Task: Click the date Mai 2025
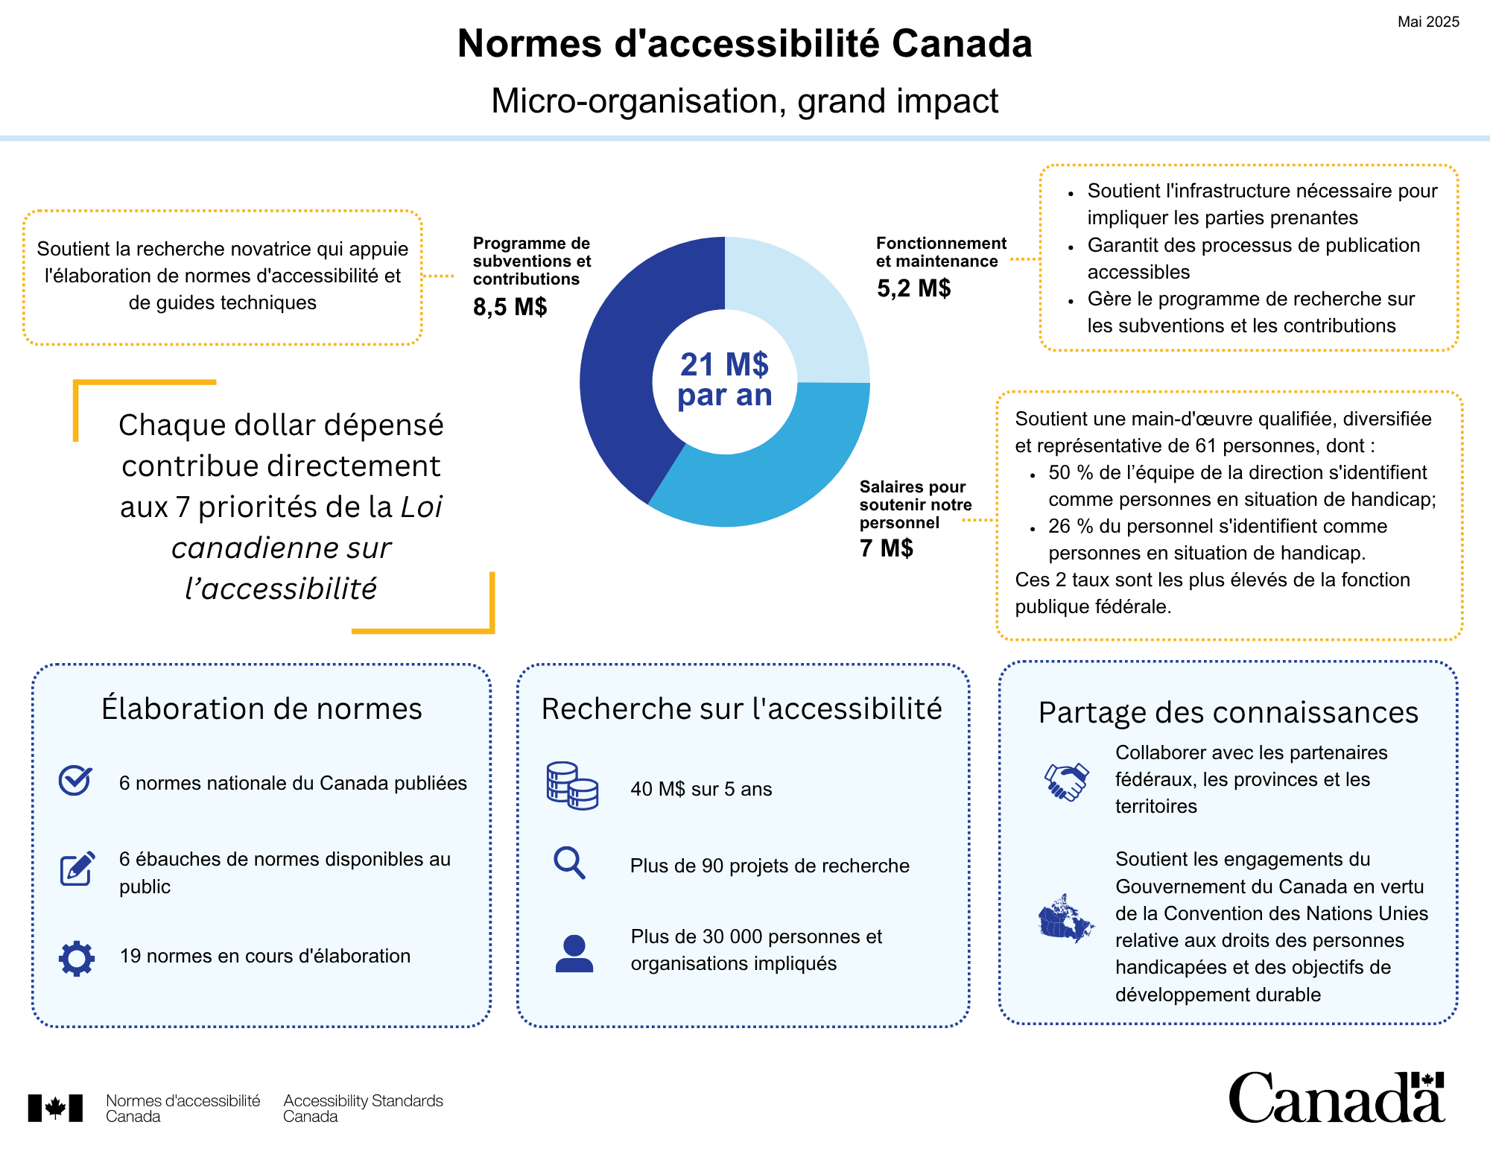[x=1428, y=22]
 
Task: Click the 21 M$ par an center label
[x=725, y=380]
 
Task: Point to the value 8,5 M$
[x=510, y=306]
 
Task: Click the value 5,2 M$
[x=913, y=288]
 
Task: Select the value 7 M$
[x=886, y=548]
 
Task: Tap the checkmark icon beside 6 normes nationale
[x=75, y=780]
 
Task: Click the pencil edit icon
[x=77, y=868]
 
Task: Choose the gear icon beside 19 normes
[x=77, y=959]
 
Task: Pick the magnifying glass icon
[x=569, y=863]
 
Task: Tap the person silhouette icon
[x=574, y=954]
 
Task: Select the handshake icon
[x=1067, y=781]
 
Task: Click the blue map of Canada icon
[x=1066, y=918]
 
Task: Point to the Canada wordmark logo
[x=1337, y=1097]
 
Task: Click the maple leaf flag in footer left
[x=55, y=1108]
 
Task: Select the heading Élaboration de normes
[x=261, y=708]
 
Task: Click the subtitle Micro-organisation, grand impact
[x=745, y=101]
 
